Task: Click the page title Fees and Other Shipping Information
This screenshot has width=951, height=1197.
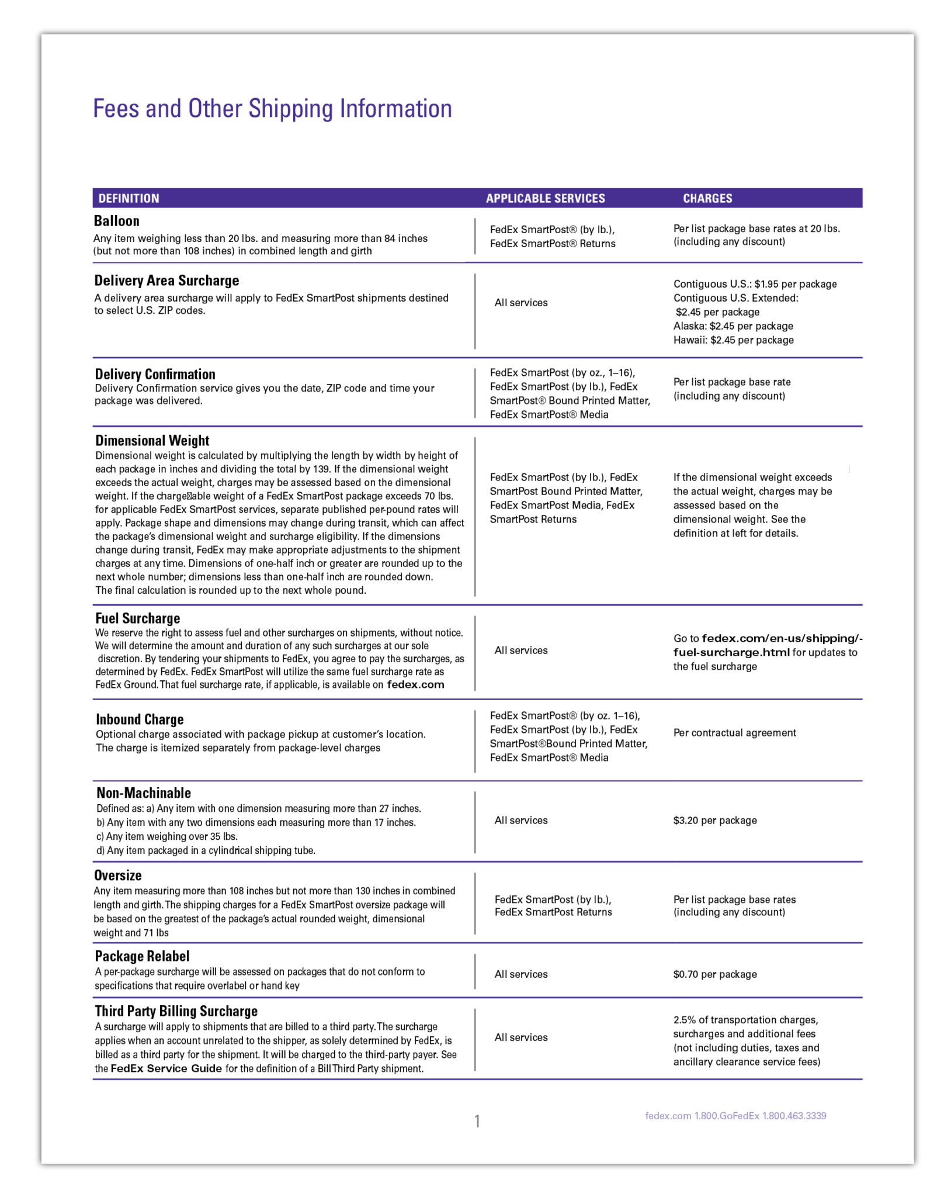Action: tap(272, 109)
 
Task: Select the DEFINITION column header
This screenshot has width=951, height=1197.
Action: tap(129, 199)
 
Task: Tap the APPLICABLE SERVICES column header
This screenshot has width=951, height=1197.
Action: tap(545, 199)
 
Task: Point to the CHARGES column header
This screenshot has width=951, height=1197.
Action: tap(707, 199)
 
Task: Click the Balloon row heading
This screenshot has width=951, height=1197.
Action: tap(117, 221)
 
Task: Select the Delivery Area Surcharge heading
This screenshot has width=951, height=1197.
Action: tap(166, 281)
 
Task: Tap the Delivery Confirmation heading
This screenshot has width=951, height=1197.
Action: tap(155, 374)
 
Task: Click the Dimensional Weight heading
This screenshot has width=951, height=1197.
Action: tap(152, 441)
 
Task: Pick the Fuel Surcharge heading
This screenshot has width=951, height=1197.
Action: tap(137, 618)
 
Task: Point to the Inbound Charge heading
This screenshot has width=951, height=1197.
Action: tap(140, 719)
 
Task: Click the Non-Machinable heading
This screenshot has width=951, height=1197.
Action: tap(144, 793)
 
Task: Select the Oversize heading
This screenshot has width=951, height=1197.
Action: tap(118, 876)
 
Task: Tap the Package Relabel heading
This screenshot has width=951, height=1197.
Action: tap(142, 956)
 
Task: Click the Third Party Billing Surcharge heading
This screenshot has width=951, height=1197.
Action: tap(176, 1011)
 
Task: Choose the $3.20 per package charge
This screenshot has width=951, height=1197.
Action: tap(714, 821)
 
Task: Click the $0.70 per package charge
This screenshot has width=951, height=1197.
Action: tap(714, 974)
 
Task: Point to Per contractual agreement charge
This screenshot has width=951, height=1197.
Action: tap(734, 733)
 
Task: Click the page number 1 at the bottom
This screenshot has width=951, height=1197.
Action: tap(477, 1121)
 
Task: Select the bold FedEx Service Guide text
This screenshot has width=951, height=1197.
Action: tap(166, 1068)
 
